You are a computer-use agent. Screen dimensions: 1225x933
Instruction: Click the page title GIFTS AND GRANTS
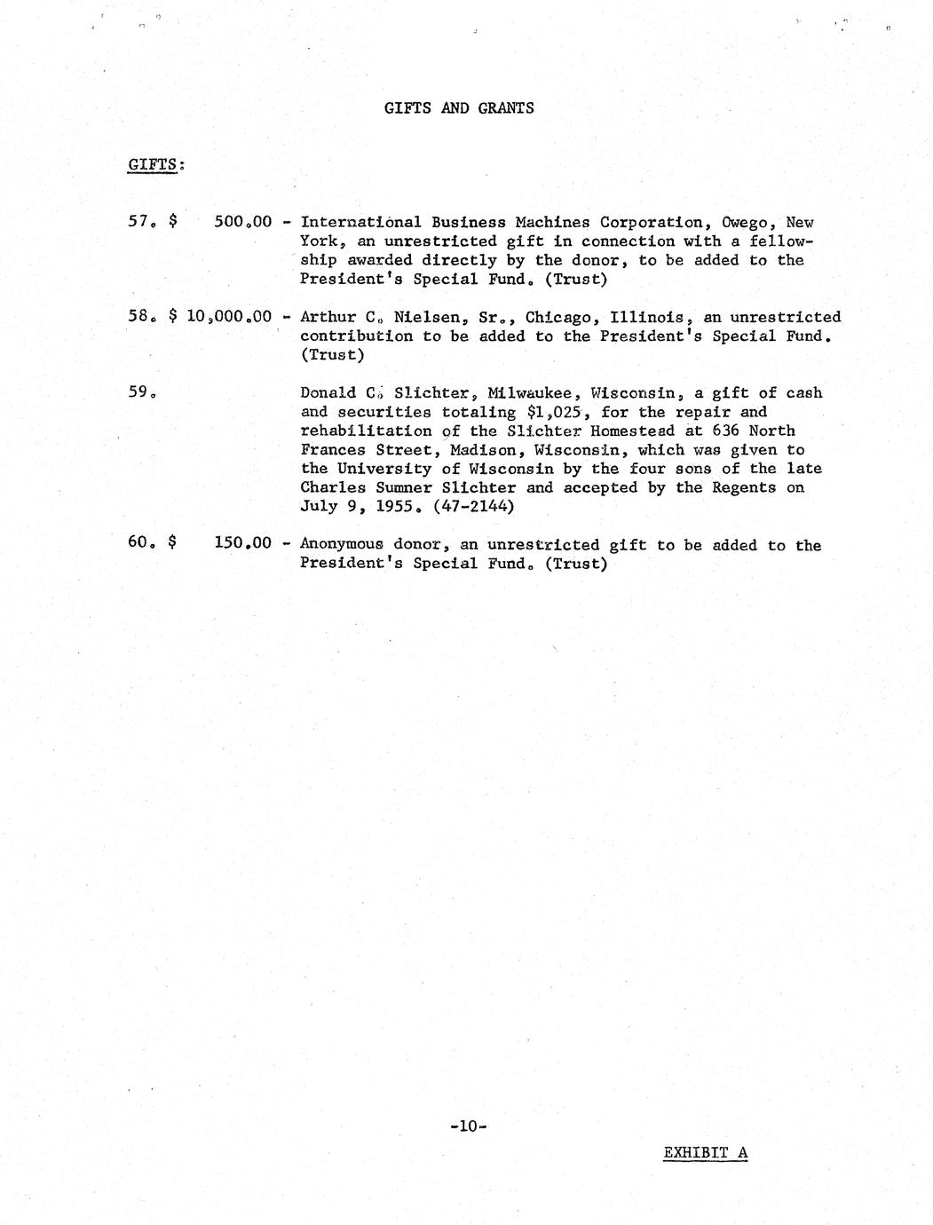tap(459, 108)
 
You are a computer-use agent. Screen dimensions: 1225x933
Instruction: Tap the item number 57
tap(140, 222)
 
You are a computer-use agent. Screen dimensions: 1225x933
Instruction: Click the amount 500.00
tap(242, 222)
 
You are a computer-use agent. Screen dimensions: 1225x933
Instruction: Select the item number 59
tap(140, 392)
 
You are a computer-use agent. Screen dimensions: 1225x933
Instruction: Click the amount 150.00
tap(242, 544)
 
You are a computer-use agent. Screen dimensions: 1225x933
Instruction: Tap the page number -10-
tap(468, 1126)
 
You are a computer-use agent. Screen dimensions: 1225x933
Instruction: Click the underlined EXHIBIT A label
tap(705, 1153)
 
